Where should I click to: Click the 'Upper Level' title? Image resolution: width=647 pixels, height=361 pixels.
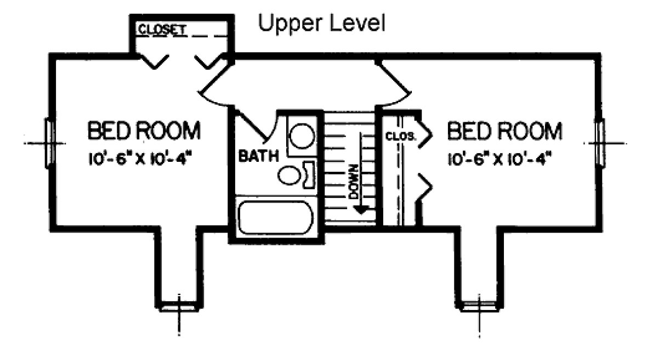pos(322,24)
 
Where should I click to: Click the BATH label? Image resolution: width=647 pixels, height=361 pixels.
pos(258,156)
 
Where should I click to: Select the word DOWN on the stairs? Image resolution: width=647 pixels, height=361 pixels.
pos(354,182)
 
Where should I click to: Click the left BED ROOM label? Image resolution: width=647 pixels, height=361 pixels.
pos(144,131)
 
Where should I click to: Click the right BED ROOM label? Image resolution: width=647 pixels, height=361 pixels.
pos(505,131)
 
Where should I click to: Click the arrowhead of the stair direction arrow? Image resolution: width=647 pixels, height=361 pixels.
pos(360,208)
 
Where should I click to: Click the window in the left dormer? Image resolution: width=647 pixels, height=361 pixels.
pos(179,307)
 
